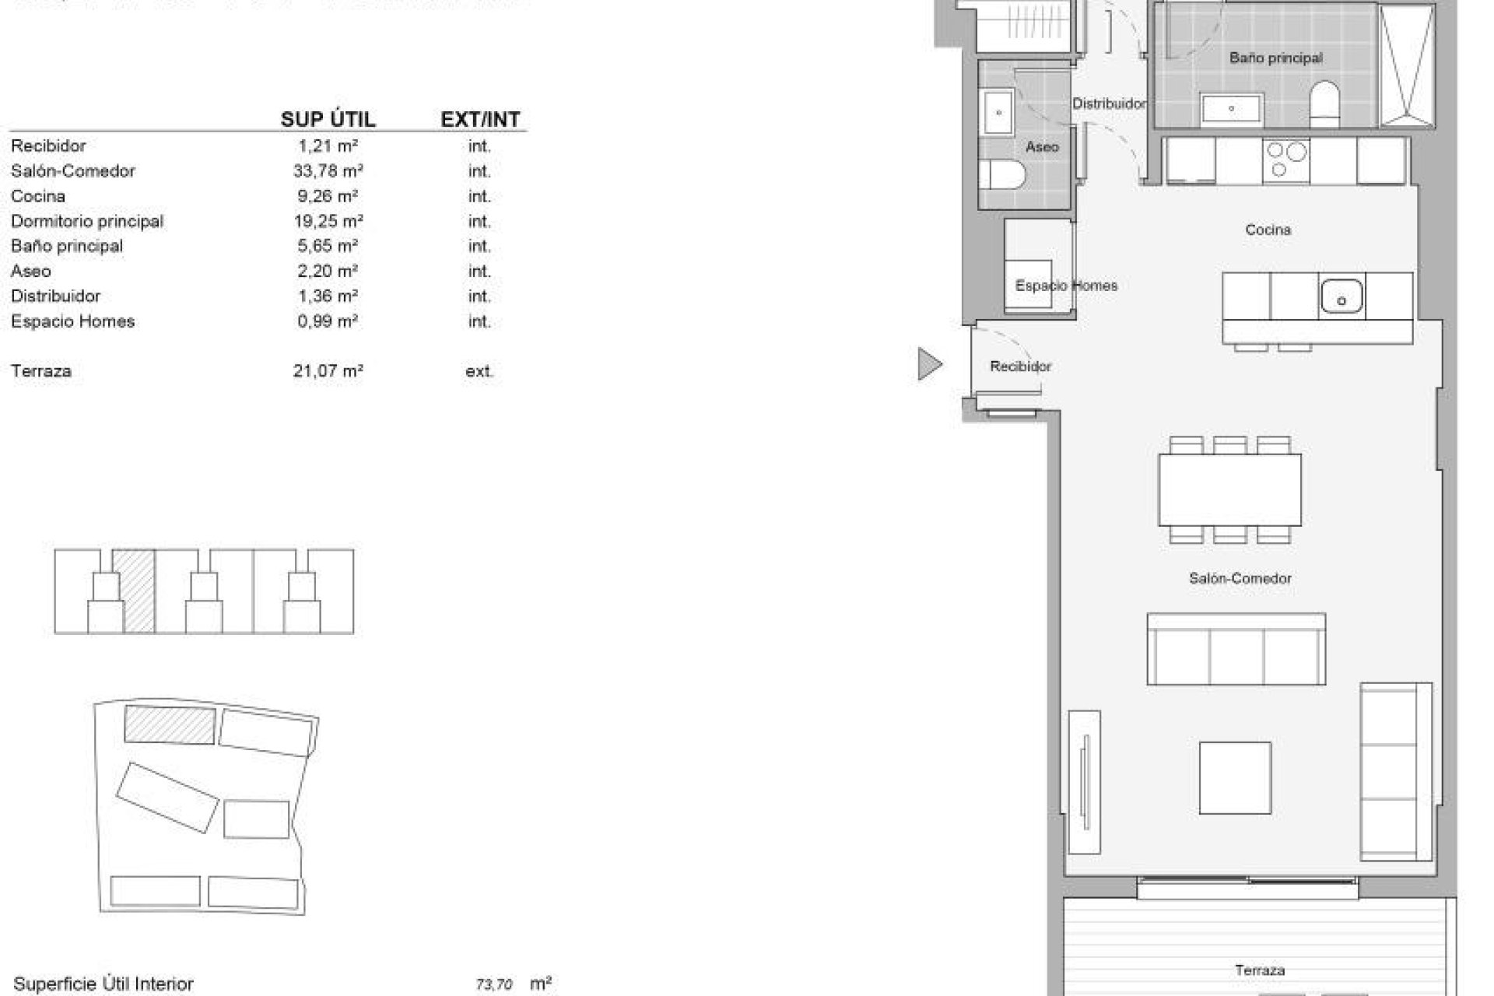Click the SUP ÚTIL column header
[328, 120]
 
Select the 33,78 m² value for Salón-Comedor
[328, 171]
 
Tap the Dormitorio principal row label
[87, 221]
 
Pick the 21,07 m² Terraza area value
[328, 371]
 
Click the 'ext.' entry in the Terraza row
[479, 371]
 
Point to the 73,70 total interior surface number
[494, 984]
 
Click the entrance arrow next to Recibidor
[929, 364]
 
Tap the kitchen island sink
[1341, 297]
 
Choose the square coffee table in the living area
[1235, 777]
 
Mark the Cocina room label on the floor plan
[1268, 230]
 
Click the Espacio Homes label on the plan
[1066, 286]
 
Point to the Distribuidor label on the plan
[1109, 103]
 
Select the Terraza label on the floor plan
[1259, 970]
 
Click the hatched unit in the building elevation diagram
[137, 591]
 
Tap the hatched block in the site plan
[170, 724]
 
